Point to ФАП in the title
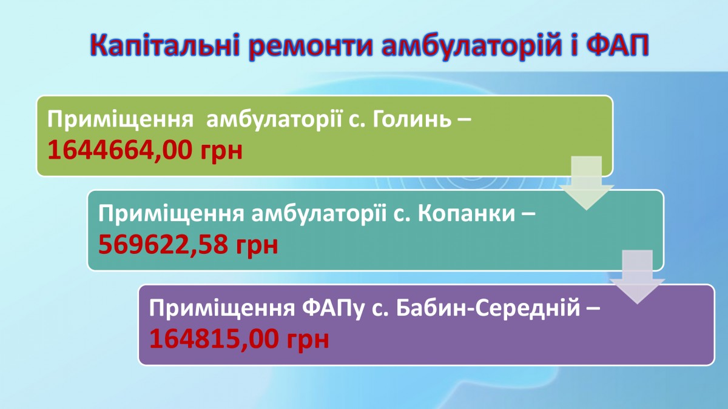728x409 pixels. pos(618,45)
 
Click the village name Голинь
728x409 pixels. pos(412,119)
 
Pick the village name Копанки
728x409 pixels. pos(467,213)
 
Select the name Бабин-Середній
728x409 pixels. pos(488,308)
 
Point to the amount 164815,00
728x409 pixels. pos(214,338)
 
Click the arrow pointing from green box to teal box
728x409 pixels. pos(586,183)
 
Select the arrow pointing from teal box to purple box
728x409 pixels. pos(637,277)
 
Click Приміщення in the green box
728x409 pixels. pos(120,120)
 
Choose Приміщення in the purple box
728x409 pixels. pos(222,308)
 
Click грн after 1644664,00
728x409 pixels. pos(221,152)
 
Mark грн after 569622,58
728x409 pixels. pos(257,246)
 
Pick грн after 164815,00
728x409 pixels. pos(308,340)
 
